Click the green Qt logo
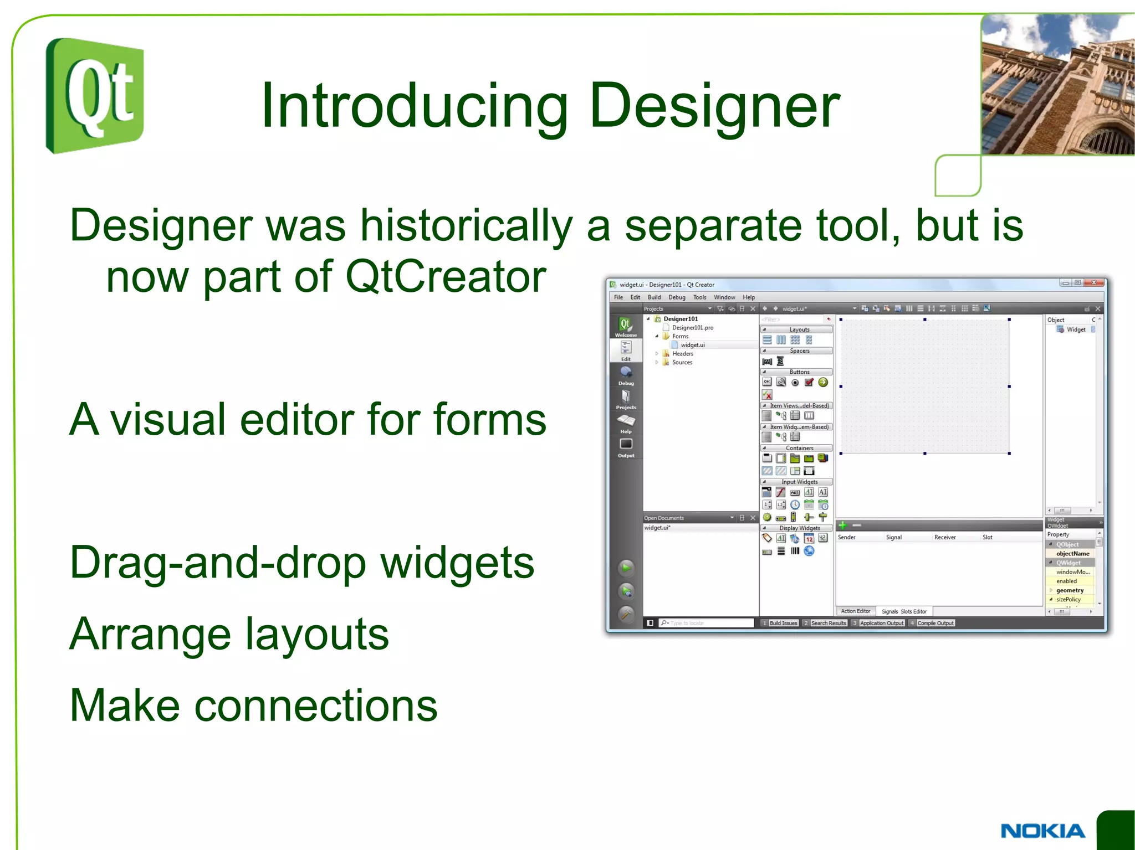95,95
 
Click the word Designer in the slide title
714,105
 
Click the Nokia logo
1042,831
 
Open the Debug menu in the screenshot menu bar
677,297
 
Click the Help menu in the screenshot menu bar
749,297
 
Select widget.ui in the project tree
693,345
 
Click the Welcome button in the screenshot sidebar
626,327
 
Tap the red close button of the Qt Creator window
1094,283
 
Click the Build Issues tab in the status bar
783,623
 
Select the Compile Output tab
935,623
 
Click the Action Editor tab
855,611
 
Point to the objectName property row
1072,554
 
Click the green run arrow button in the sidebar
626,568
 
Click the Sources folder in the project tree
682,363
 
